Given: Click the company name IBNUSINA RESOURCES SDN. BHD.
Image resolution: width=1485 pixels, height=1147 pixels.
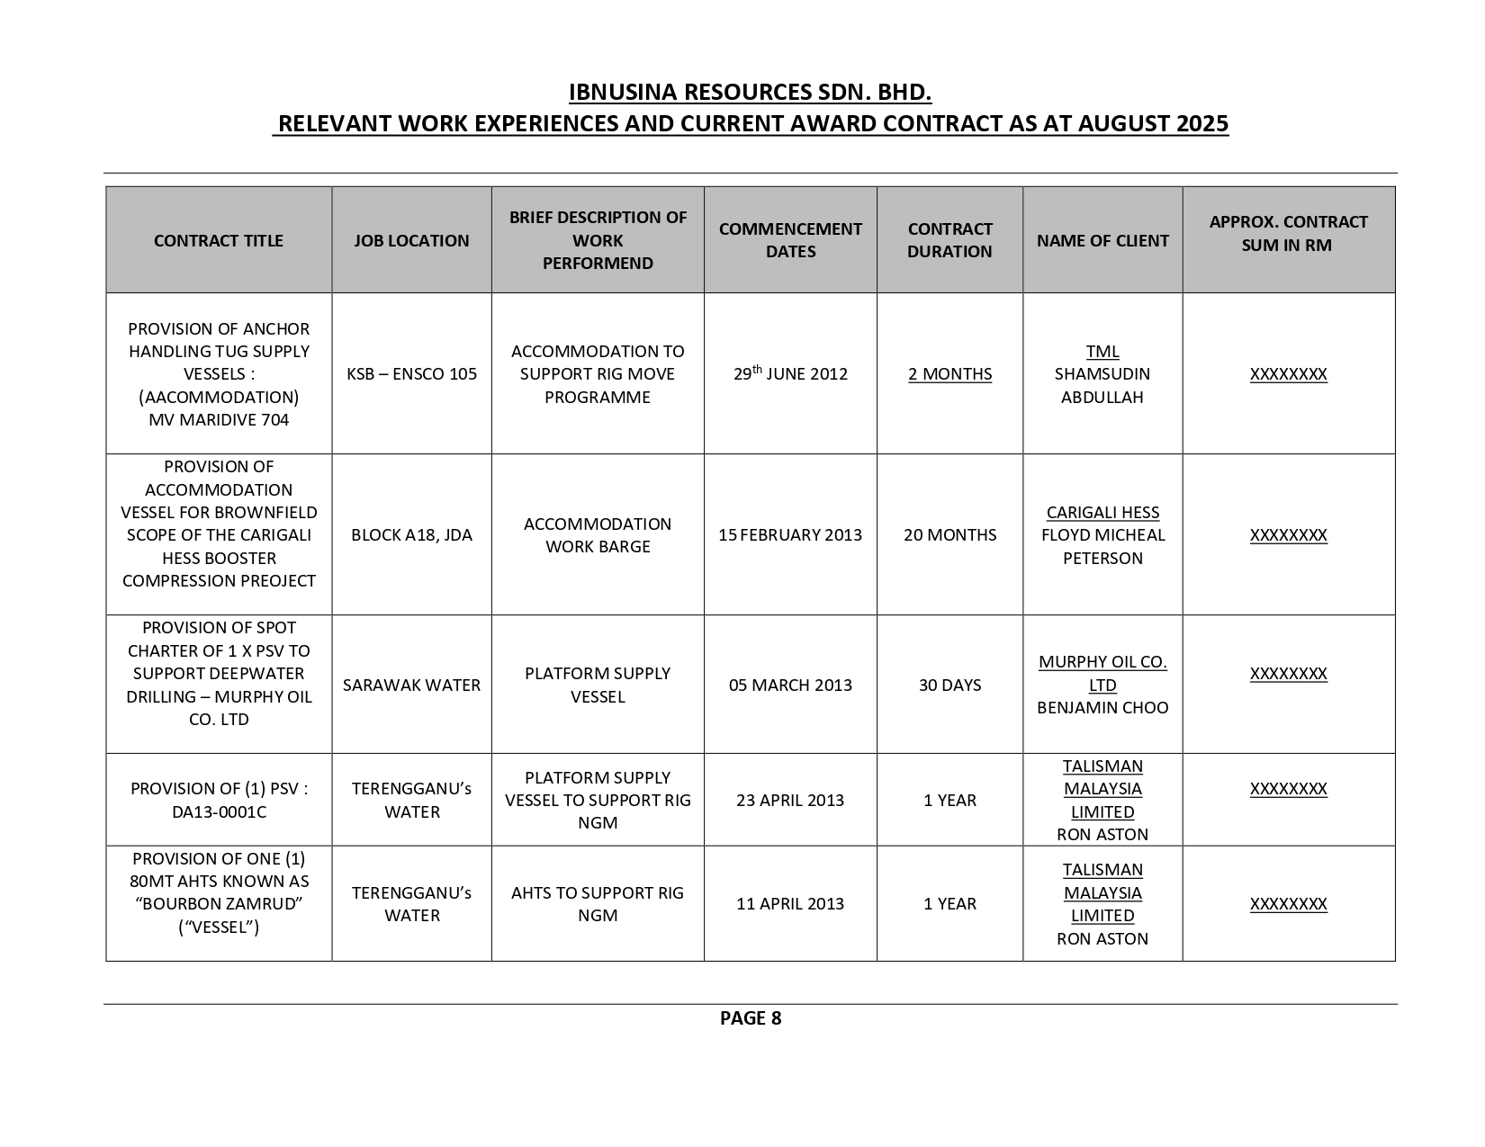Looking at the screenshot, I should (x=750, y=93).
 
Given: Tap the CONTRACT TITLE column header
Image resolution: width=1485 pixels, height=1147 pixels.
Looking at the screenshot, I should (x=219, y=240).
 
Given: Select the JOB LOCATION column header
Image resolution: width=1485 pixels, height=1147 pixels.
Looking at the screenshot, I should (x=411, y=240).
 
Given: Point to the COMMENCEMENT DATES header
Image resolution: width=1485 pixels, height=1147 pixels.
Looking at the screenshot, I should (x=790, y=240).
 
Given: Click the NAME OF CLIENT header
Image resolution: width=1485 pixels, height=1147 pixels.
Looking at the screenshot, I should (x=1102, y=240).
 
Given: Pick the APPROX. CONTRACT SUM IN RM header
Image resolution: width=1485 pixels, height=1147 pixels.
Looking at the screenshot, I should (x=1288, y=233).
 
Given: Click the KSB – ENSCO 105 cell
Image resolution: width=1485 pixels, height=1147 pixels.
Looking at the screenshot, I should (x=411, y=373).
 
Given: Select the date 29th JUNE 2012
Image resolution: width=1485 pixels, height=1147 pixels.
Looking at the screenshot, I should (x=790, y=373).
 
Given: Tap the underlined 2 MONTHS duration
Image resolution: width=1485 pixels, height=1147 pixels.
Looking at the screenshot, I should (x=949, y=373).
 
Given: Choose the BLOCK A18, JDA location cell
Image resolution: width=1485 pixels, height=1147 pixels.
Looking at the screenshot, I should (x=411, y=534).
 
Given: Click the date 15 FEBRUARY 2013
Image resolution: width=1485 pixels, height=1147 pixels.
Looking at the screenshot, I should (x=790, y=534).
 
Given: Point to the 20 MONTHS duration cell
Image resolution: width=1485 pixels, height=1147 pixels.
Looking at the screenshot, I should (x=949, y=534).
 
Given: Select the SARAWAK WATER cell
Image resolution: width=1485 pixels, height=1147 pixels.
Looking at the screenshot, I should (x=411, y=685).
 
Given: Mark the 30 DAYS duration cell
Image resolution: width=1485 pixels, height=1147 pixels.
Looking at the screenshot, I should (x=949, y=685).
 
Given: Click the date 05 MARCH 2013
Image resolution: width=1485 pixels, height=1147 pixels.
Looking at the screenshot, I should (x=790, y=685).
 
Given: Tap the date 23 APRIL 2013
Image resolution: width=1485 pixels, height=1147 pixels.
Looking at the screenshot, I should (x=790, y=800).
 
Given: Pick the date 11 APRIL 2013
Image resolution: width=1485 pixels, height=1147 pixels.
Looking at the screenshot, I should (x=790, y=903).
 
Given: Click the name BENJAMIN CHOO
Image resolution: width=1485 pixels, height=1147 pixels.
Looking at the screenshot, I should (x=1102, y=707).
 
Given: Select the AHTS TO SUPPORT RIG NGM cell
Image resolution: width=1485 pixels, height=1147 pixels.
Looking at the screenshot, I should (x=598, y=903).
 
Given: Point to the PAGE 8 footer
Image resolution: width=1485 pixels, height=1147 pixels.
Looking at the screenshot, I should (x=751, y=1017).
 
